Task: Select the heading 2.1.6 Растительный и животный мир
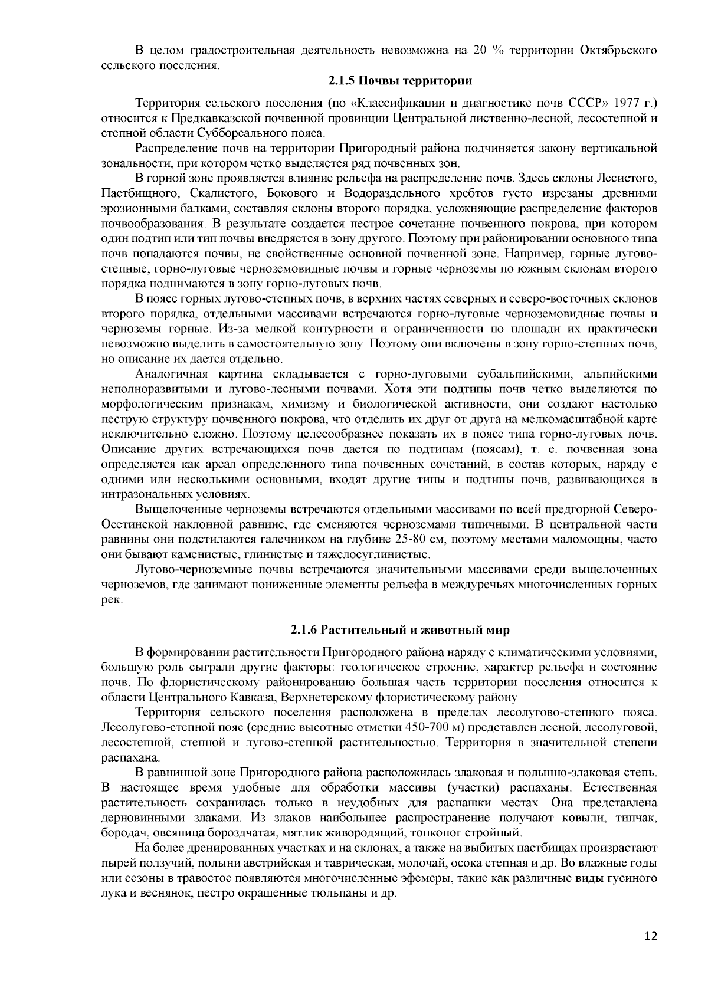(400, 630)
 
